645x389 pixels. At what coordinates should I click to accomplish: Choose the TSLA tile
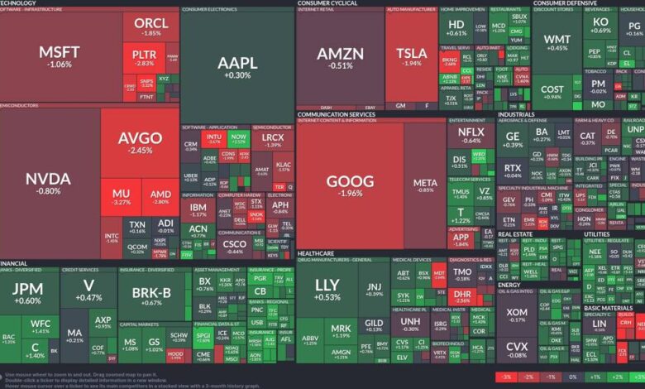pyautogui.click(x=411, y=58)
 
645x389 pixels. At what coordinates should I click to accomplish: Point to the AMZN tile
pyautogui.click(x=340, y=58)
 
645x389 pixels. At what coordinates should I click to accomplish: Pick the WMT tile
pyautogui.click(x=557, y=43)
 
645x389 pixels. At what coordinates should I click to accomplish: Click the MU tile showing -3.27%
pyautogui.click(x=121, y=198)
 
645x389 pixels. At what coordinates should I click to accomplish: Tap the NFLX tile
pyautogui.click(x=471, y=135)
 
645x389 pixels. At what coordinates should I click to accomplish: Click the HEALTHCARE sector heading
pyautogui.click(x=316, y=253)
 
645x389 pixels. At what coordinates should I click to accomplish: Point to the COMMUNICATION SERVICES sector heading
pyautogui.click(x=331, y=114)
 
